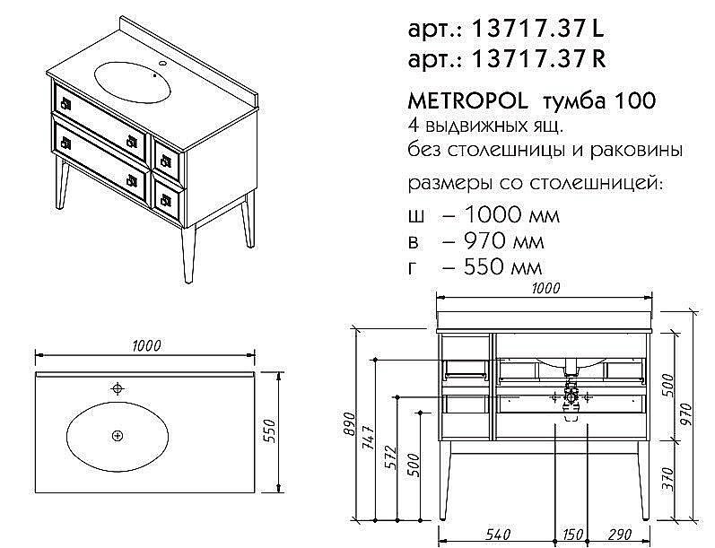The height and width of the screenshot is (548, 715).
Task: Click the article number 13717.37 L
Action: click(539, 30)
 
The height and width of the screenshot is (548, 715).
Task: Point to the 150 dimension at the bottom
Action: click(572, 535)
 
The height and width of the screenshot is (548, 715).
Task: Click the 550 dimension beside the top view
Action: click(266, 433)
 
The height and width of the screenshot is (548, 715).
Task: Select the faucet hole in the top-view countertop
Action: click(117, 388)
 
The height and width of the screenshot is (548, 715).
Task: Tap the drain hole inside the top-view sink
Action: click(117, 435)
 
